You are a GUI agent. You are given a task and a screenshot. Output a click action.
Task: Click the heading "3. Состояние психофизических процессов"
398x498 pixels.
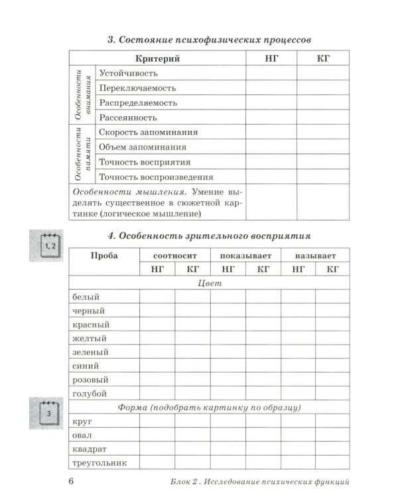point(208,40)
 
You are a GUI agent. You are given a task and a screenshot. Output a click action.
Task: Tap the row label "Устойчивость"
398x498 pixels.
point(128,74)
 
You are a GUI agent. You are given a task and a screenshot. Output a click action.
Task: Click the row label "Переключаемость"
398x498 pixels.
point(137,88)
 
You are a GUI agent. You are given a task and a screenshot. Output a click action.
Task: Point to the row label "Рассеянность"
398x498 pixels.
point(127,118)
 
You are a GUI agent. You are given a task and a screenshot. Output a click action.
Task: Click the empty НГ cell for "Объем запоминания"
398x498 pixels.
point(271,147)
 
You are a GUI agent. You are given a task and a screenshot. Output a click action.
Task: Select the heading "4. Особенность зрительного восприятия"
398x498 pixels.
point(208,236)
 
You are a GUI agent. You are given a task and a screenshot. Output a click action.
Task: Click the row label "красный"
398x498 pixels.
point(90,325)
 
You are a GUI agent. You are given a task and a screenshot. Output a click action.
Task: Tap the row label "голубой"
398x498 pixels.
point(90,394)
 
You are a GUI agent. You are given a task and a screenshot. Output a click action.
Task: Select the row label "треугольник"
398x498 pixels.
point(98,463)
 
